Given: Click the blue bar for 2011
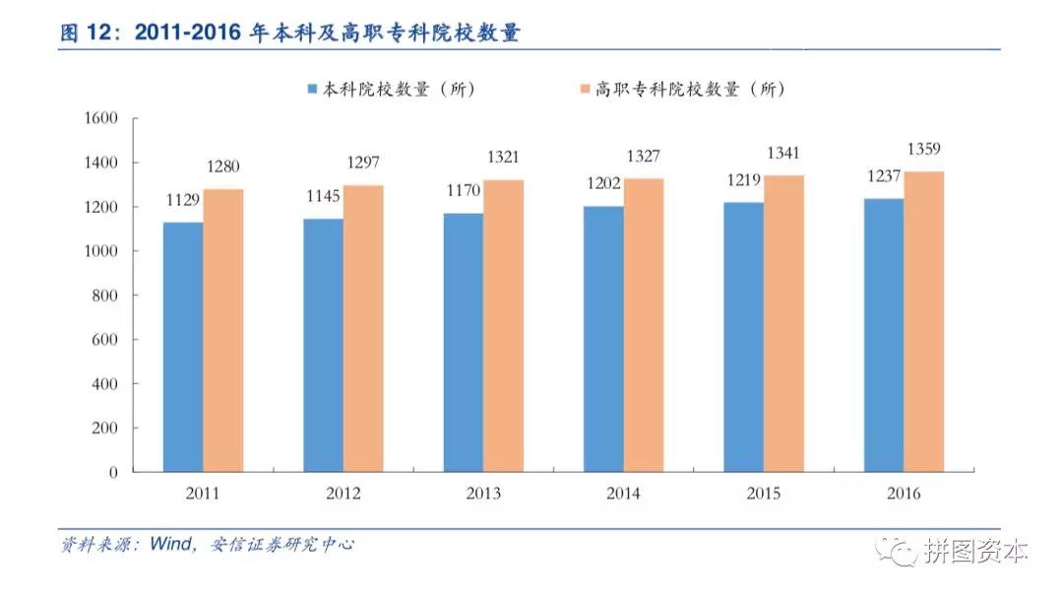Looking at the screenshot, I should (x=183, y=347).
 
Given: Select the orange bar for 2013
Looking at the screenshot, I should (x=503, y=325).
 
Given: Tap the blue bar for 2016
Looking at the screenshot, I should (x=884, y=335).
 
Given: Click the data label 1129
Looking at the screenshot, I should (x=183, y=201).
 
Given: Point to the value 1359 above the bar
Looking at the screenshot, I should (x=924, y=150).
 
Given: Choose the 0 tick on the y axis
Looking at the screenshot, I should (x=112, y=472).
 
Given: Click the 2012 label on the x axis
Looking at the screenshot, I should (x=343, y=494).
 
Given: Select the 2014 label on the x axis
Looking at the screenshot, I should (x=623, y=494).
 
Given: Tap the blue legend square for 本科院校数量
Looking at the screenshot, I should (x=312, y=90).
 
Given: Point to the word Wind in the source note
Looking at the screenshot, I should (x=173, y=544).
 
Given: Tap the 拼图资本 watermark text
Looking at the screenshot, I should (x=976, y=552).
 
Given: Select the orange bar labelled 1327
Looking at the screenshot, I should (x=644, y=325).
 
